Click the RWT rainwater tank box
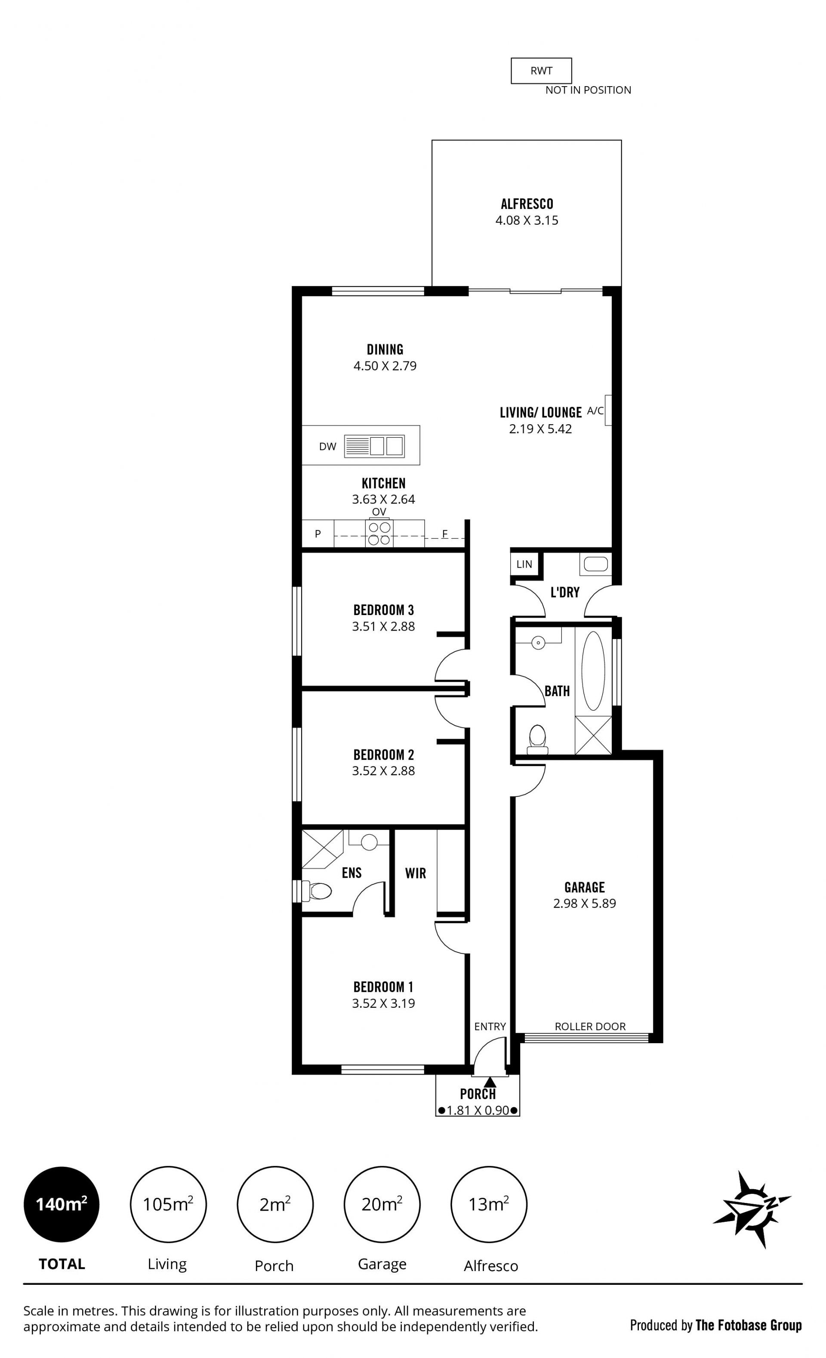click(x=541, y=71)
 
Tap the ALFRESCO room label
click(x=527, y=204)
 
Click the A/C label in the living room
click(x=595, y=410)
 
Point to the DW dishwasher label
click(x=328, y=446)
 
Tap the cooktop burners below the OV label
click(x=379, y=534)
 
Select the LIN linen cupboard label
click(x=524, y=564)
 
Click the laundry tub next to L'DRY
click(x=596, y=564)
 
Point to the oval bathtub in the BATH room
click(x=593, y=671)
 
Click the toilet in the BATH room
click(x=537, y=740)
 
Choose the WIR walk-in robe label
click(x=416, y=873)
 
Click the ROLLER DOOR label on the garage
click(x=590, y=1026)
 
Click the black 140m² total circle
click(x=62, y=1204)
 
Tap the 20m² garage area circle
click(x=382, y=1204)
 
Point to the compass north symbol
click(x=752, y=1210)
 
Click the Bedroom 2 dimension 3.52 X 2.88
click(x=383, y=771)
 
